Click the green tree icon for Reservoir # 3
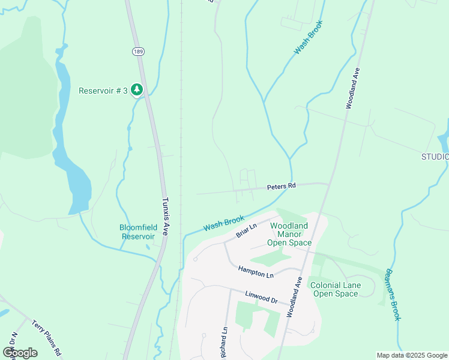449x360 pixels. [137, 90]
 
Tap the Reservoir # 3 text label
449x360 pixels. [103, 91]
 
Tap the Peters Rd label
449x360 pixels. [282, 187]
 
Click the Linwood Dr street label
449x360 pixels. [262, 297]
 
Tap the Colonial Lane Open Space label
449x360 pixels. [336, 289]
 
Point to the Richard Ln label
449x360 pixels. [223, 342]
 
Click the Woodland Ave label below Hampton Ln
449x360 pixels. [294, 297]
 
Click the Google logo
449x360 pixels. [20, 352]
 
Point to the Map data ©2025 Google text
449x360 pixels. [411, 355]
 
